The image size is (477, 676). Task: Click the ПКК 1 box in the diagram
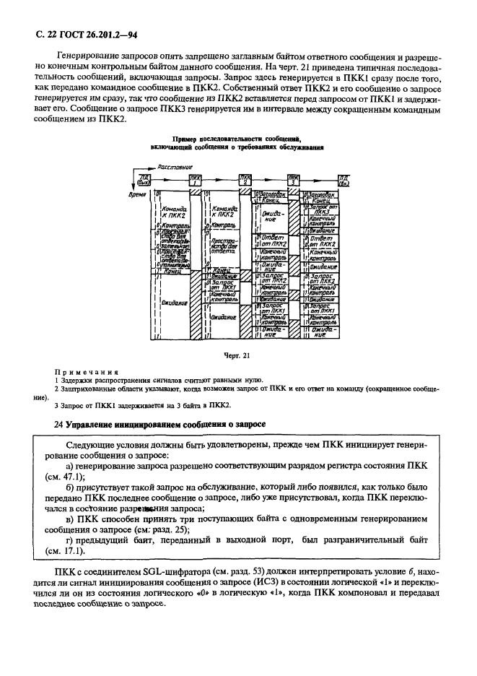pyautogui.click(x=195, y=180)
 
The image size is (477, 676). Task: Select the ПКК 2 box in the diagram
pyautogui.click(x=247, y=180)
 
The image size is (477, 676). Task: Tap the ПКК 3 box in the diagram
pyautogui.click(x=294, y=180)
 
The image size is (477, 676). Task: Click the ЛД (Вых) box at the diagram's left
pyautogui.click(x=145, y=180)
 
